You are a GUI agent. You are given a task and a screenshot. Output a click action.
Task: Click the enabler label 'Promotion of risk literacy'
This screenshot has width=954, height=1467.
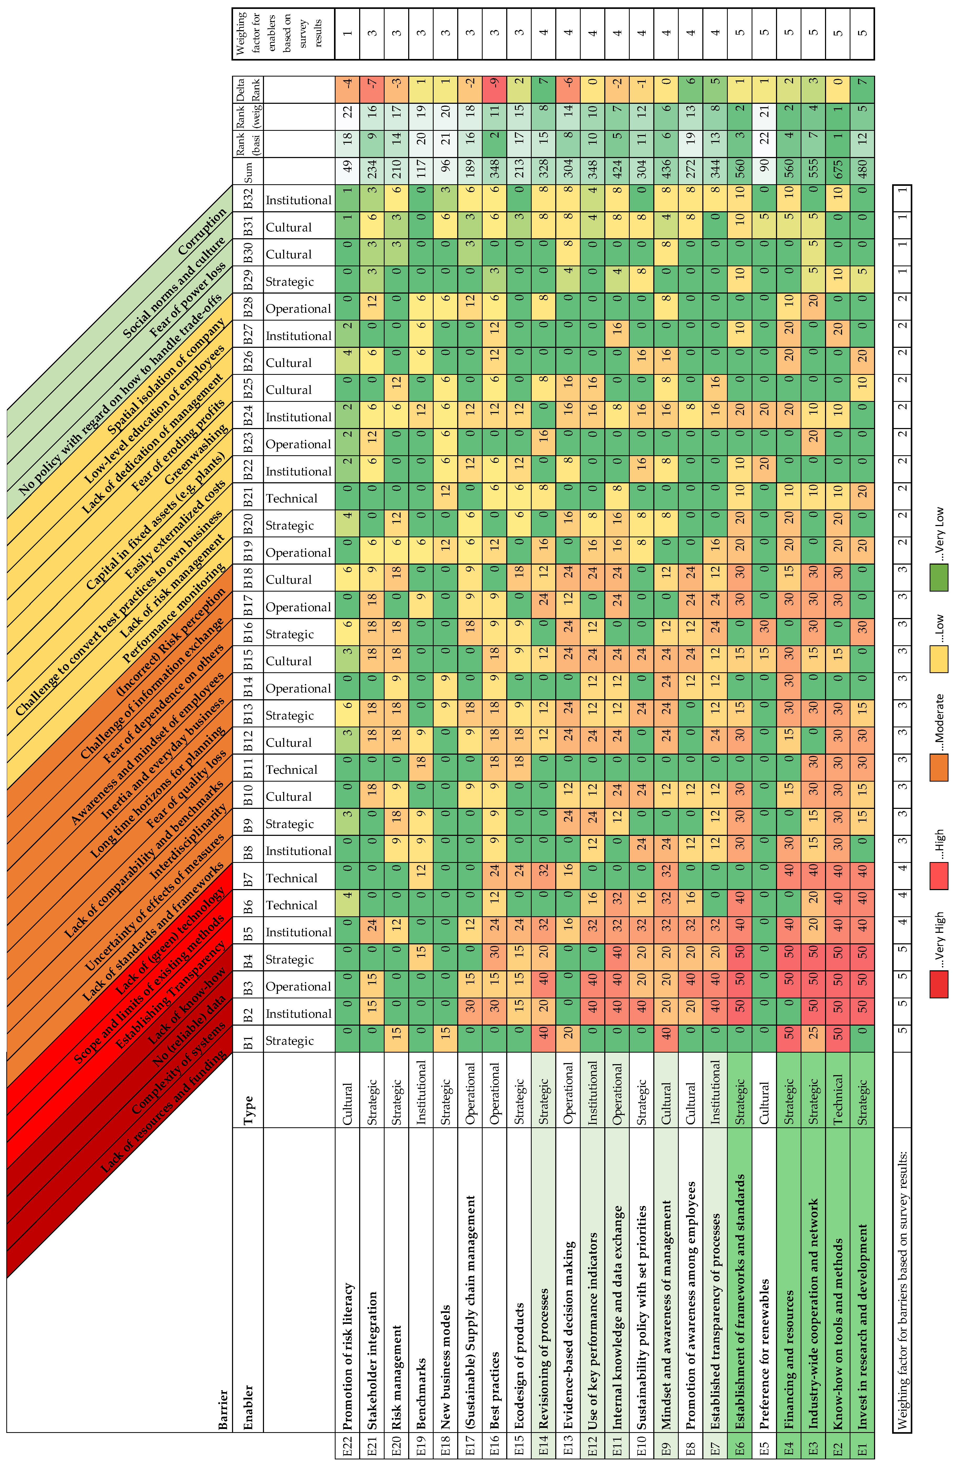click(x=347, y=1356)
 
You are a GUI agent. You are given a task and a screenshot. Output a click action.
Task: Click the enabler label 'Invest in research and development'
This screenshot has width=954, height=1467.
click(x=862, y=1325)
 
